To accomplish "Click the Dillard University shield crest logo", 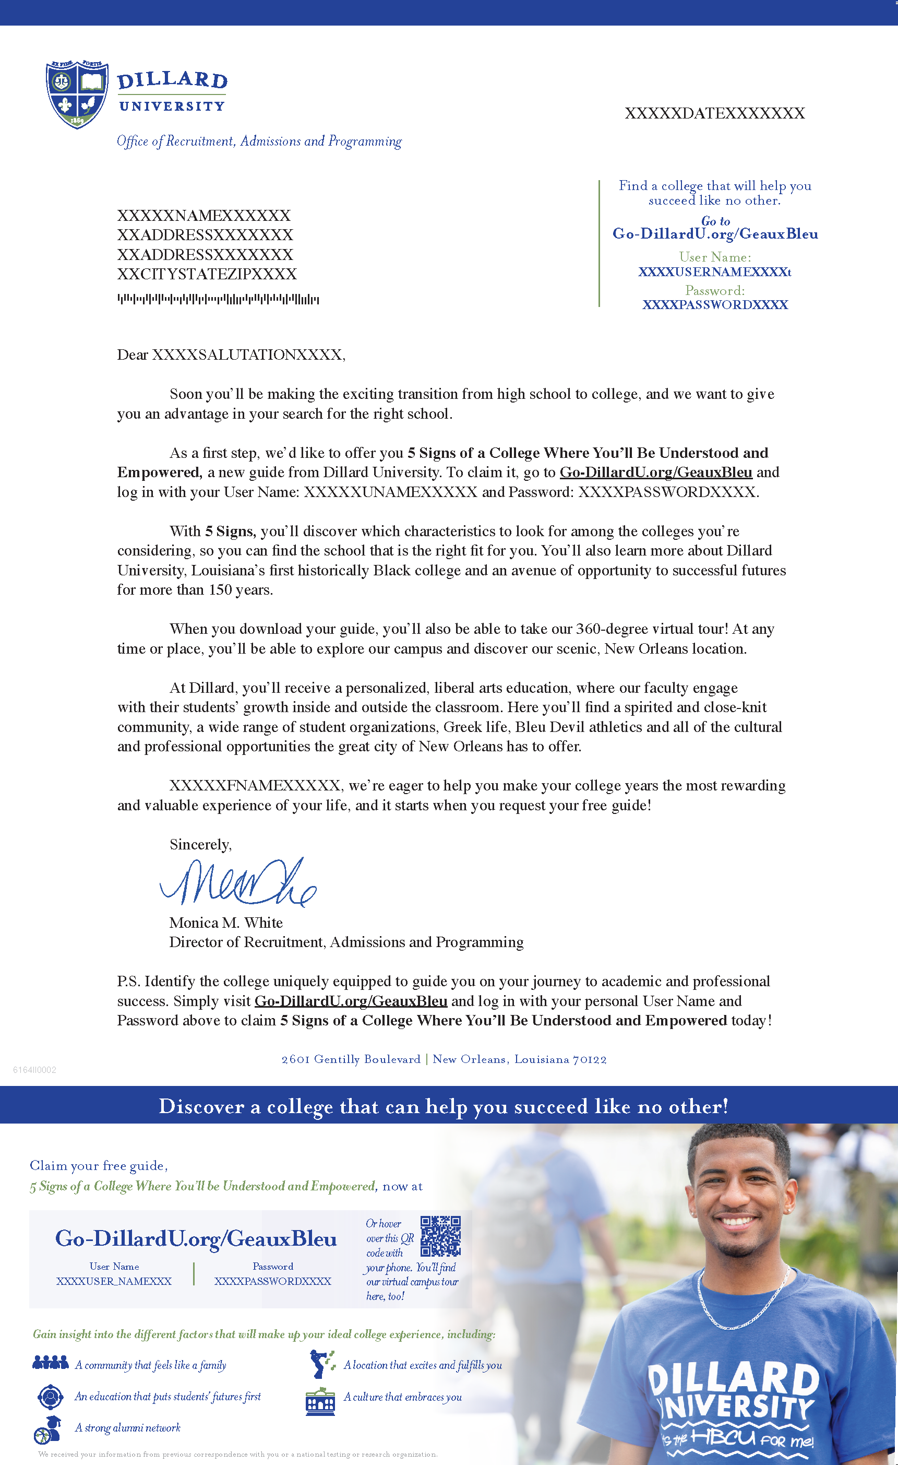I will point(77,93).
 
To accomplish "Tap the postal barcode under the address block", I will point(218,299).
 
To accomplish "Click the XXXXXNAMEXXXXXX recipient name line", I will point(204,215).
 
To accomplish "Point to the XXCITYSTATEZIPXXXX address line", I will point(207,274).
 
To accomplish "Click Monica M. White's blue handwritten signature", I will point(238,882).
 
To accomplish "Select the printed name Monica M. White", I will point(226,922).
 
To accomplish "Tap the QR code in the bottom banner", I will point(440,1236).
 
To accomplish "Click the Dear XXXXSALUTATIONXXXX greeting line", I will point(231,355).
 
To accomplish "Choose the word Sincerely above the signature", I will point(200,844).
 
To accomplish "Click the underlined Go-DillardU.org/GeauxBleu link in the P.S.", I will point(351,1001).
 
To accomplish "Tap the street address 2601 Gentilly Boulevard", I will point(351,1059).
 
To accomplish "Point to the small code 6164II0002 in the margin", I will point(35,1070).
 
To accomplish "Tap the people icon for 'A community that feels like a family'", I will point(51,1363).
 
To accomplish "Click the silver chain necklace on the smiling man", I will point(743,1302).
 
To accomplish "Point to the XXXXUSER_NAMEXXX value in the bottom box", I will point(114,1281).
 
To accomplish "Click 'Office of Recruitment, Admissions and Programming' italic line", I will point(259,141).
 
